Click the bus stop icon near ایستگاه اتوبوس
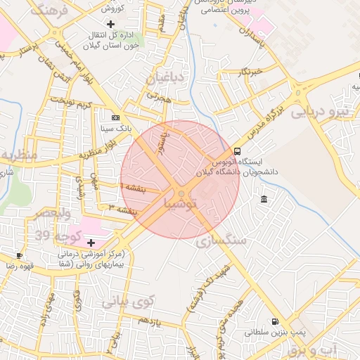point(237,151)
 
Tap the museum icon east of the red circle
point(264,200)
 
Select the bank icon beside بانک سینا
point(116,117)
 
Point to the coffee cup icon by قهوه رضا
point(20,255)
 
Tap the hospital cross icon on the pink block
point(91,242)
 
